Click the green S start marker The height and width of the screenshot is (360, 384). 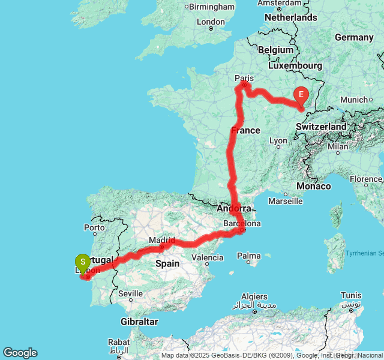click(x=82, y=262)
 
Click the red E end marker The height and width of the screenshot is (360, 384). click(x=301, y=95)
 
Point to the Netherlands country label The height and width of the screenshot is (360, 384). click(x=290, y=17)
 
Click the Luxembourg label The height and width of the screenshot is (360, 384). click(x=295, y=65)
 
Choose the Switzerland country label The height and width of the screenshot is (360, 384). click(x=322, y=127)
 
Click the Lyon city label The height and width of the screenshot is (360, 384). click(x=278, y=141)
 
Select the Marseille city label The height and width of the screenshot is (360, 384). click(x=285, y=202)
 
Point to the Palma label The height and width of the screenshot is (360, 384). click(x=248, y=256)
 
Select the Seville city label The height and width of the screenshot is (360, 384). click(x=130, y=293)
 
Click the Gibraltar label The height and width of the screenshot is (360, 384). click(x=138, y=322)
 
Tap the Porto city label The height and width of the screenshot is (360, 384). click(x=95, y=227)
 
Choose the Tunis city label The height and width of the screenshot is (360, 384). click(x=351, y=295)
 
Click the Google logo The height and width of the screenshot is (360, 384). click(x=20, y=353)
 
